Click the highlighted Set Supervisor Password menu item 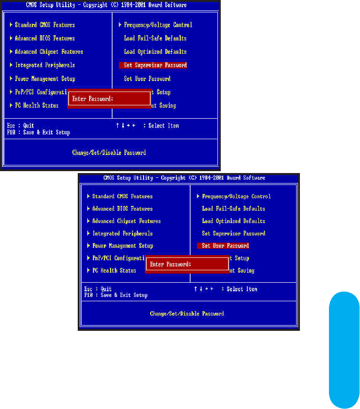[153, 65]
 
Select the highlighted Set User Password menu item [223, 246]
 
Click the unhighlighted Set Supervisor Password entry [233, 234]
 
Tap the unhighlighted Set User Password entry [147, 79]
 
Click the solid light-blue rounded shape [344, 350]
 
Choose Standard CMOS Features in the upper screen [44, 25]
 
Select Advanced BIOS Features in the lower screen [122, 209]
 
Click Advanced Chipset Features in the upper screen [49, 52]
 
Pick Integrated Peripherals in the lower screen [122, 234]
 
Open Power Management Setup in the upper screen [45, 79]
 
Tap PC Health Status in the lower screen [114, 271]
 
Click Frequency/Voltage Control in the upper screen [158, 25]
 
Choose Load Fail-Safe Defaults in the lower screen [233, 209]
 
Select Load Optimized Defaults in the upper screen [155, 52]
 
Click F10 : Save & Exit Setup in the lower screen [116, 295]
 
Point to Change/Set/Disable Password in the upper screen [109, 153]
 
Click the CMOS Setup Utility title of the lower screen [184, 178]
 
